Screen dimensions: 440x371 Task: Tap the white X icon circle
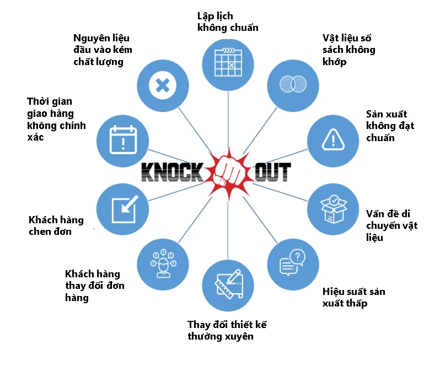pos(163,85)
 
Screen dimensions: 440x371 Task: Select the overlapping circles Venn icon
pos(293,84)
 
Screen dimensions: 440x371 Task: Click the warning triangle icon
pos(333,139)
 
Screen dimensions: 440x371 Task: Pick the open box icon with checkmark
pos(334,209)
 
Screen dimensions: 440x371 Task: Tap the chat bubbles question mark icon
pos(292,262)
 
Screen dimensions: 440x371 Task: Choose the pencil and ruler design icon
pos(229,284)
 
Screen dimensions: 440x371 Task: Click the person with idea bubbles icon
pos(163,264)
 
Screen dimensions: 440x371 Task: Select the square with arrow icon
pos(125,209)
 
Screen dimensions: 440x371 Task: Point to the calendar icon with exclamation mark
pos(123,140)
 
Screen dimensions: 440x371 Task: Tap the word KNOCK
pos(172,172)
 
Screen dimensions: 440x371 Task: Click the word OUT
pos(272,172)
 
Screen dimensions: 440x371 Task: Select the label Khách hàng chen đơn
pos(56,225)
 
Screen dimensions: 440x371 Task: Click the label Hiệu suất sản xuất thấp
pos(353,298)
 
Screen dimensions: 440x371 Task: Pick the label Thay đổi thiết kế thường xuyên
pos(227,330)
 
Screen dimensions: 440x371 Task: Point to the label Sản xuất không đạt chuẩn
pos(390,126)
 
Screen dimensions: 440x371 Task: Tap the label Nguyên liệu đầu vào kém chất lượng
pos(103,50)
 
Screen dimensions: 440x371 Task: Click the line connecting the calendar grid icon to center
pos(228,120)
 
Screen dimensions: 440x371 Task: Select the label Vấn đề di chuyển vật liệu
pos(391,225)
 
